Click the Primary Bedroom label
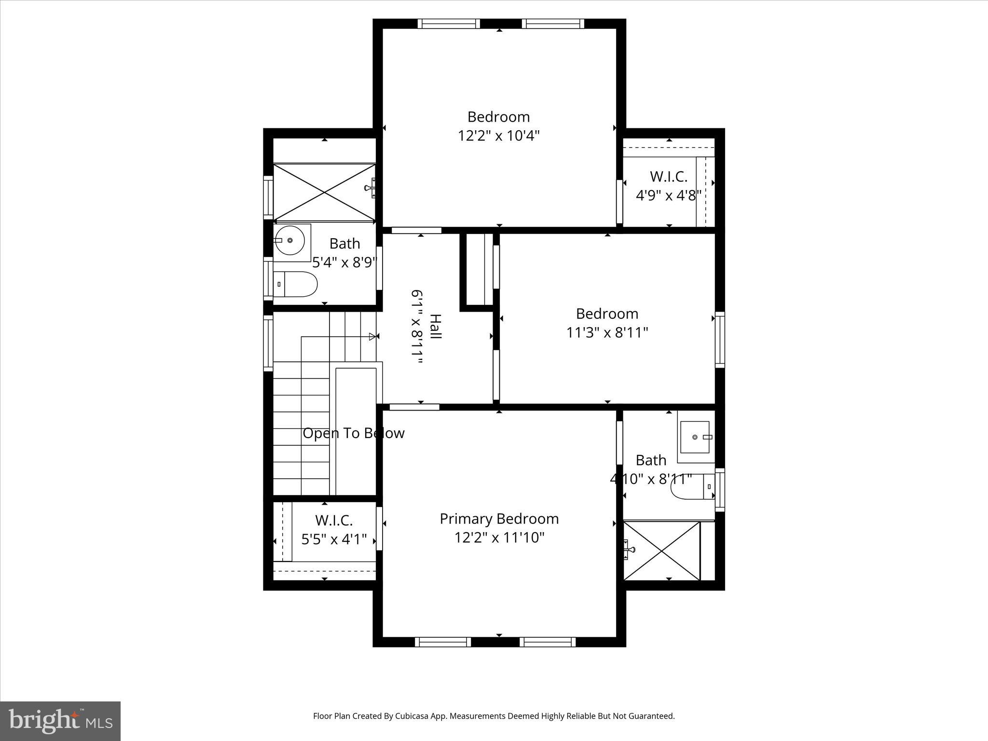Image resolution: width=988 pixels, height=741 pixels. (x=499, y=519)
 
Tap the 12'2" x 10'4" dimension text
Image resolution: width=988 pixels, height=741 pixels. (x=498, y=136)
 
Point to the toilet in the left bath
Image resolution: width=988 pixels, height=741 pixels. (x=295, y=284)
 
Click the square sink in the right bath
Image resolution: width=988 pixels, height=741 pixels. (x=695, y=437)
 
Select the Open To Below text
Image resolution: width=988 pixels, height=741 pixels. (x=353, y=433)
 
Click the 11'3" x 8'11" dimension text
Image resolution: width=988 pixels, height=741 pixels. (x=607, y=332)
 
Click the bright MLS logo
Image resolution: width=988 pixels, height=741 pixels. (x=60, y=721)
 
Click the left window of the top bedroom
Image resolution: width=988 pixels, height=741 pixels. (x=449, y=24)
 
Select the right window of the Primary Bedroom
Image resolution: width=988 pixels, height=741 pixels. (x=548, y=642)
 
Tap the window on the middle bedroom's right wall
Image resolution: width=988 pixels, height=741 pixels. (x=719, y=340)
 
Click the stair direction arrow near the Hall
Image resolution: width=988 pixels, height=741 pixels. (x=372, y=336)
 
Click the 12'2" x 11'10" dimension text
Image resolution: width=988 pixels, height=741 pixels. (x=499, y=537)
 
